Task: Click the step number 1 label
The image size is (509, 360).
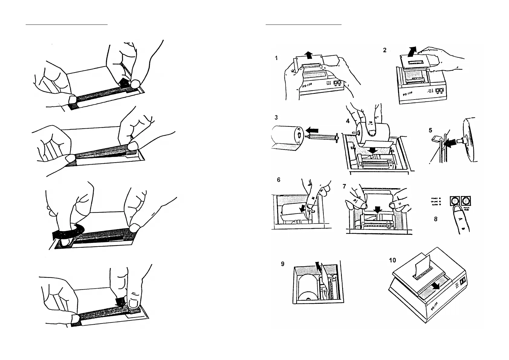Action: coord(276,58)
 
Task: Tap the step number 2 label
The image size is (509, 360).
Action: coord(384,50)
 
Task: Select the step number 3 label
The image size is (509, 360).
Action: coord(276,117)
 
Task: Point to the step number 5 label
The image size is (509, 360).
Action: coord(430,130)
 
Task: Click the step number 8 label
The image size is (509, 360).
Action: coord(436,219)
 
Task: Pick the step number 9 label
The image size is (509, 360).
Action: coord(283,264)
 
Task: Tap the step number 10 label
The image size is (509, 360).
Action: coord(392,260)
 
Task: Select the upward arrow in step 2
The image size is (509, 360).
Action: coord(411,51)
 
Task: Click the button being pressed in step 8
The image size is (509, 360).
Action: coord(454,201)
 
